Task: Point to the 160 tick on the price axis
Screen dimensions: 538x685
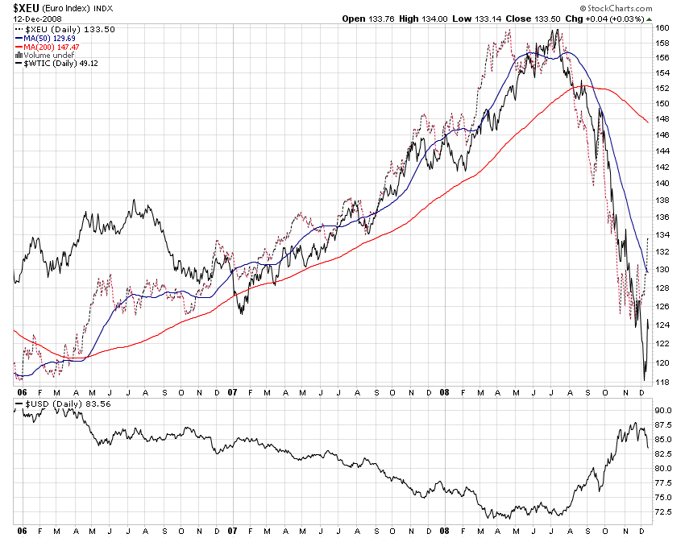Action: [x=662, y=27]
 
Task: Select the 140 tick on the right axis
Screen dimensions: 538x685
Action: [x=662, y=184]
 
